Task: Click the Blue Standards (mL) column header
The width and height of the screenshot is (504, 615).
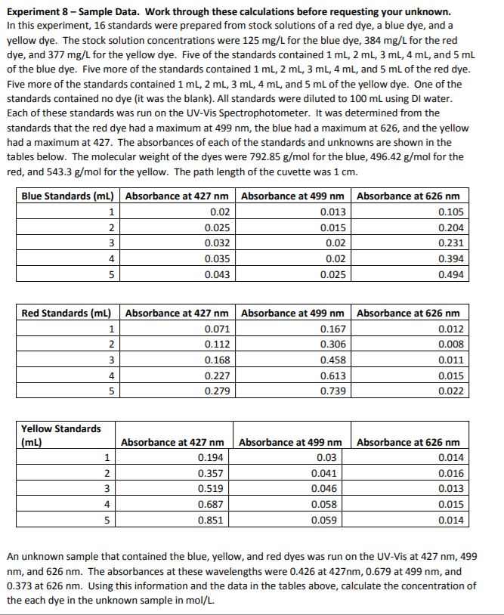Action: (68, 196)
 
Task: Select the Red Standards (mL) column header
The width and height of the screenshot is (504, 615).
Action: (66, 313)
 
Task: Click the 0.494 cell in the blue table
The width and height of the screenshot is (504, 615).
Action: (451, 275)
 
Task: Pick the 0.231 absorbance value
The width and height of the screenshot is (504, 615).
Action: (451, 243)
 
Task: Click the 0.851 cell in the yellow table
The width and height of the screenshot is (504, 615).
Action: (211, 521)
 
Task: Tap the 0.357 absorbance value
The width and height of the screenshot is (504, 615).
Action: (211, 473)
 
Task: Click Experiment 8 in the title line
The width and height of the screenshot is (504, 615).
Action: (39, 12)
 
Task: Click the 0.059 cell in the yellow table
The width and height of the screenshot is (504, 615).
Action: (327, 521)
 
